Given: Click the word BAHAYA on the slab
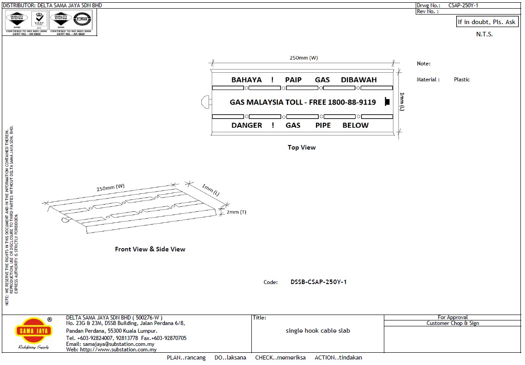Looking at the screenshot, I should [x=246, y=80].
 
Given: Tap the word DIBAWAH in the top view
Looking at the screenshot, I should [x=359, y=80].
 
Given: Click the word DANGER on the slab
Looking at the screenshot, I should [x=246, y=125].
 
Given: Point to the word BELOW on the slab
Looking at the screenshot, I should [x=355, y=125].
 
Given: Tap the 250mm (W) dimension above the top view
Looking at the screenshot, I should [x=304, y=58].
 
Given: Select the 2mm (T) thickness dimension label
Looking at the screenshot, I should [x=236, y=212].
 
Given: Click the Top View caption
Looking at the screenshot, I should [x=301, y=147].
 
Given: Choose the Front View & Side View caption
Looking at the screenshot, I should [x=150, y=249].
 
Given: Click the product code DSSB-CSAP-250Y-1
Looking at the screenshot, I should [x=319, y=282].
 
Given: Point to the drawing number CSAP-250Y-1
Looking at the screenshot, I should [x=463, y=5].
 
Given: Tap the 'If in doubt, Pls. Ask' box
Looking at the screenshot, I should [x=487, y=22].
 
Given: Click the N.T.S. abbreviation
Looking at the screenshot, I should [x=484, y=35].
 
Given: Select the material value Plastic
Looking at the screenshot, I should [x=462, y=80].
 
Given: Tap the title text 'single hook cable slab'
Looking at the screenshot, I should [x=318, y=331].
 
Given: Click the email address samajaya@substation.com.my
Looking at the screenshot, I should [x=110, y=344].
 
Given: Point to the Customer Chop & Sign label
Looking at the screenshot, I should [x=453, y=323].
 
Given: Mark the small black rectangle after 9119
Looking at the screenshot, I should [x=387, y=102].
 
